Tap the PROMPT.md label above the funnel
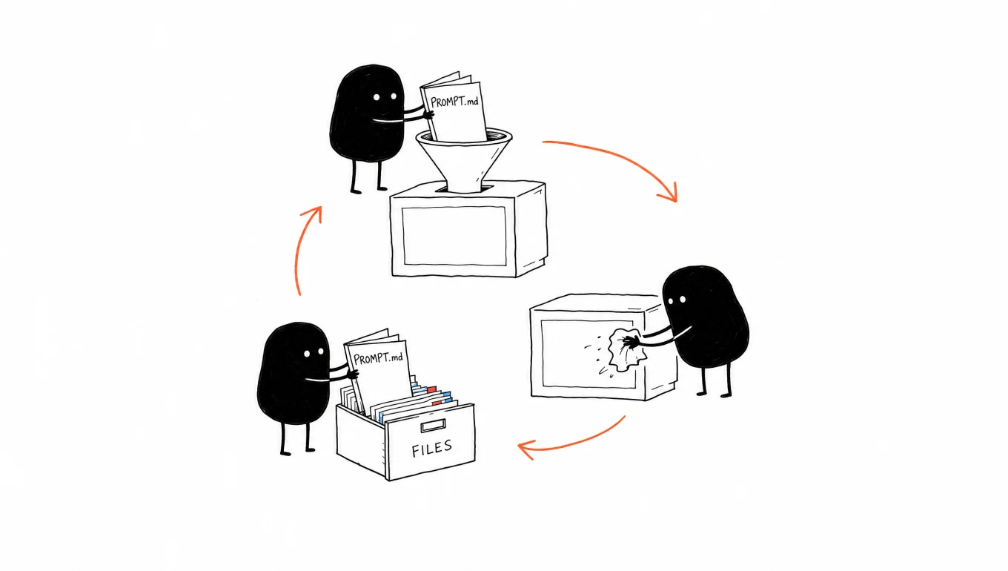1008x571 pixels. [x=454, y=102]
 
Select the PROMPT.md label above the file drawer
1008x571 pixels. [x=378, y=358]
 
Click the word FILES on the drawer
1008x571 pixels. [x=431, y=449]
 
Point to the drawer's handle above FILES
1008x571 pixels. [x=433, y=425]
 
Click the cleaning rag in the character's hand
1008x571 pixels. [x=626, y=350]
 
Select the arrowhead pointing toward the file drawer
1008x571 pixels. [x=525, y=449]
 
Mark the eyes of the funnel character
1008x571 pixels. [x=385, y=97]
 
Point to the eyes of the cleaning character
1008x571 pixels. [x=677, y=300]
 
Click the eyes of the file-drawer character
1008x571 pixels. [x=314, y=352]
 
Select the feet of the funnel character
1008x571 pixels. [x=369, y=190]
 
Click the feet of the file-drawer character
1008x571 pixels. [x=297, y=451]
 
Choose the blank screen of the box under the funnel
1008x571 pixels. [x=454, y=236]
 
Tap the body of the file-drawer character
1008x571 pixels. [x=293, y=373]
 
